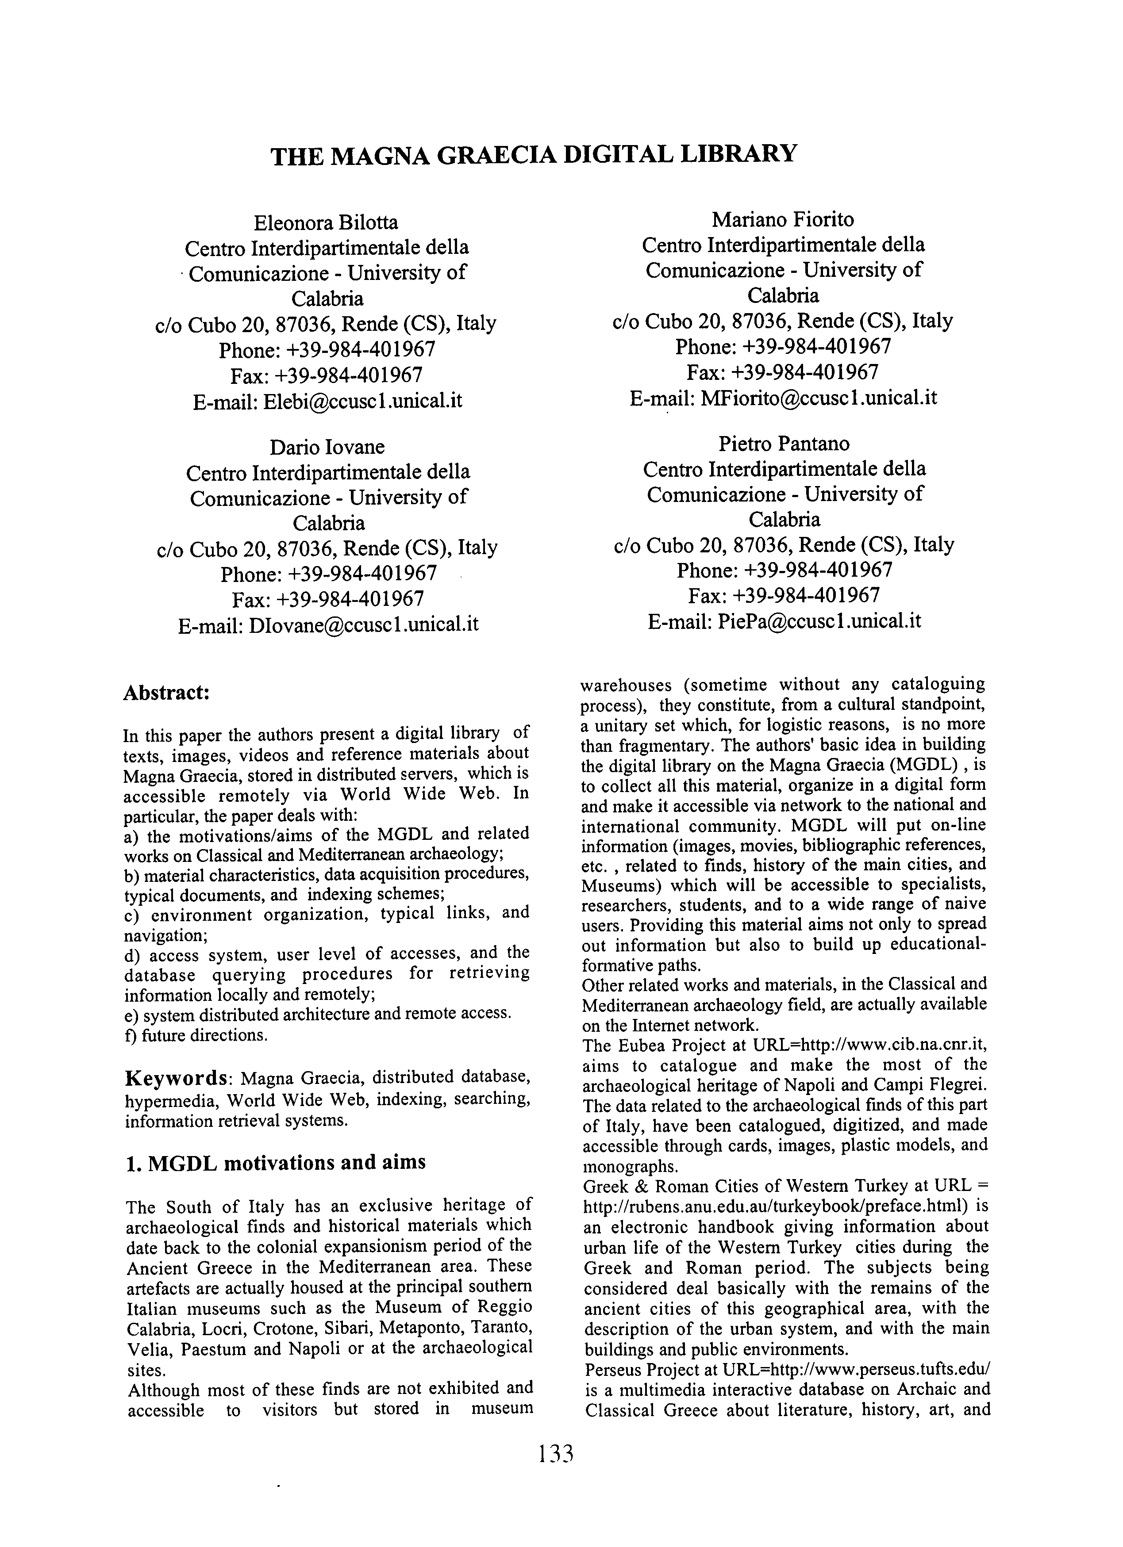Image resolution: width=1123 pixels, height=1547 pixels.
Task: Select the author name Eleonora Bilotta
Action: [x=326, y=222]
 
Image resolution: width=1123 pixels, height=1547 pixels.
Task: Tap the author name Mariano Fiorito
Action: [x=783, y=220]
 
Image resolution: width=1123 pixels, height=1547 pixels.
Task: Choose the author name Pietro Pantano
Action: [x=784, y=444]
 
